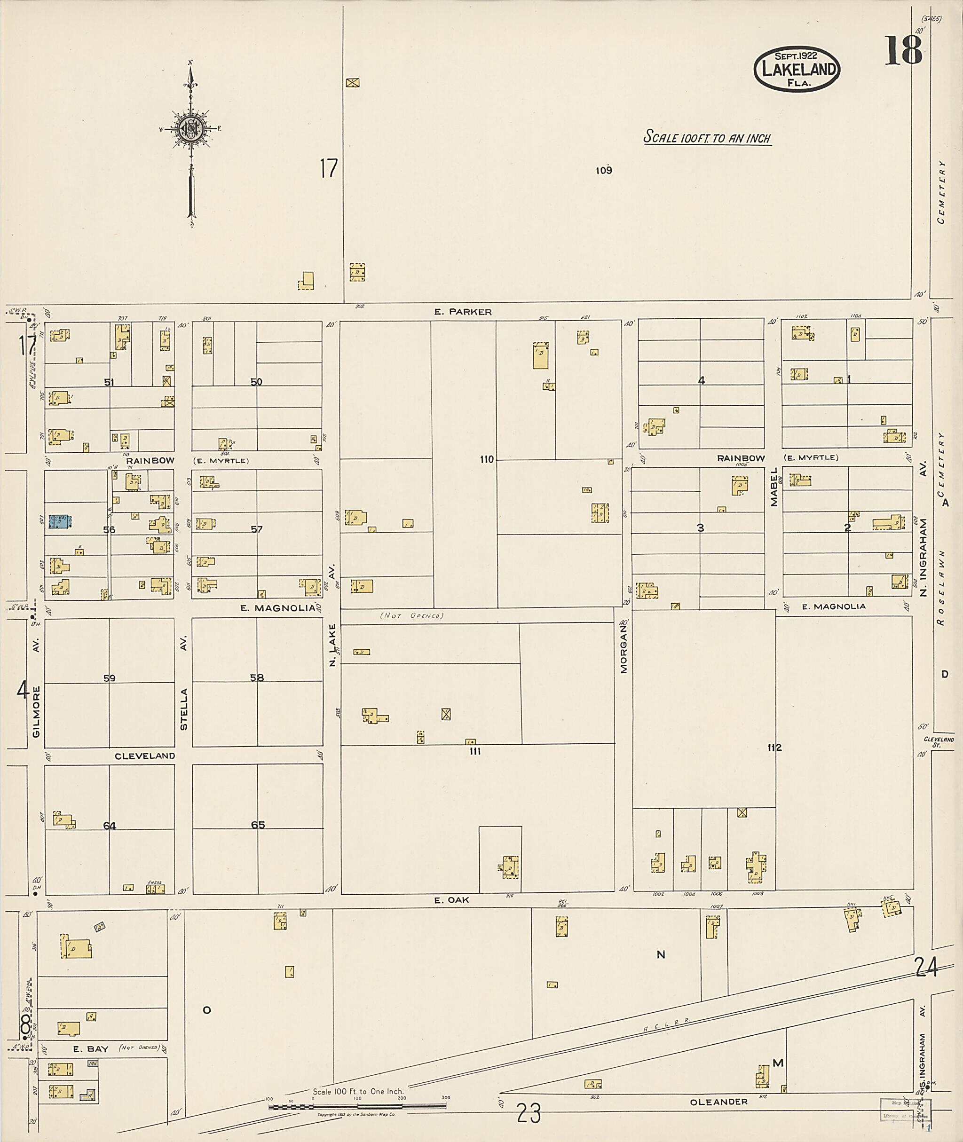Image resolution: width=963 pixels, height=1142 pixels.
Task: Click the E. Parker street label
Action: click(x=463, y=312)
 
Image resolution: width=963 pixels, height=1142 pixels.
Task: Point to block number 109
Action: click(x=603, y=170)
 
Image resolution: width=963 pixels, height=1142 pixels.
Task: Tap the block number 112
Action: click(x=774, y=748)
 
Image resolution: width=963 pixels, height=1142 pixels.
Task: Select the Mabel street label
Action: click(x=774, y=487)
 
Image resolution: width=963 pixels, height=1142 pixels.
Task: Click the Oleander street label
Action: click(x=718, y=1102)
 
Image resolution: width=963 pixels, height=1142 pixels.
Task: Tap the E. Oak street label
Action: click(x=451, y=899)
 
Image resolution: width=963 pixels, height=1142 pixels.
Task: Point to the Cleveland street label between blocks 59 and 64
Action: click(x=145, y=756)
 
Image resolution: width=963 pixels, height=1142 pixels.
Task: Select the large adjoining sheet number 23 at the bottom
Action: click(x=529, y=1113)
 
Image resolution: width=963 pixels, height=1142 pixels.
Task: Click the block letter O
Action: click(x=207, y=1010)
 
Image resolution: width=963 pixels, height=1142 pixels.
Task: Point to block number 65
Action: click(x=258, y=824)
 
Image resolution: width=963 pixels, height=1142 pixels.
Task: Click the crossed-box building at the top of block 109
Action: click(x=353, y=83)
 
